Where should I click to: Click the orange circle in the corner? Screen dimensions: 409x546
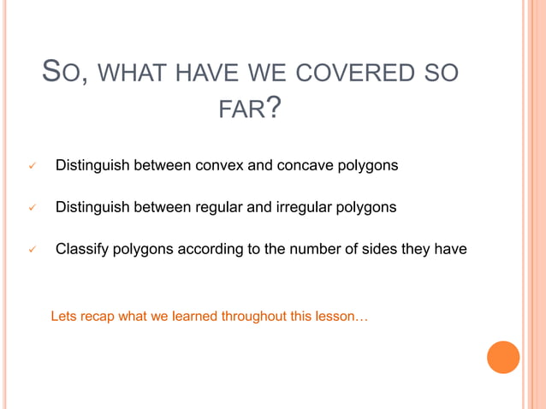tap(503, 357)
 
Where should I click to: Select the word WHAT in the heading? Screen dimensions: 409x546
tap(136, 74)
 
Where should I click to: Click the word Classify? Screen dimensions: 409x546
tap(82, 250)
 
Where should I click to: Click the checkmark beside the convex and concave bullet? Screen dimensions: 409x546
tap(31, 164)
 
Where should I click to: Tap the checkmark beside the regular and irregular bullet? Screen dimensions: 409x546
tap(31, 207)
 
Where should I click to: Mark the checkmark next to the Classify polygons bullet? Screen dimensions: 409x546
tap(31, 250)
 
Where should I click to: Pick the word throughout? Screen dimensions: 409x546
tap(253, 317)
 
